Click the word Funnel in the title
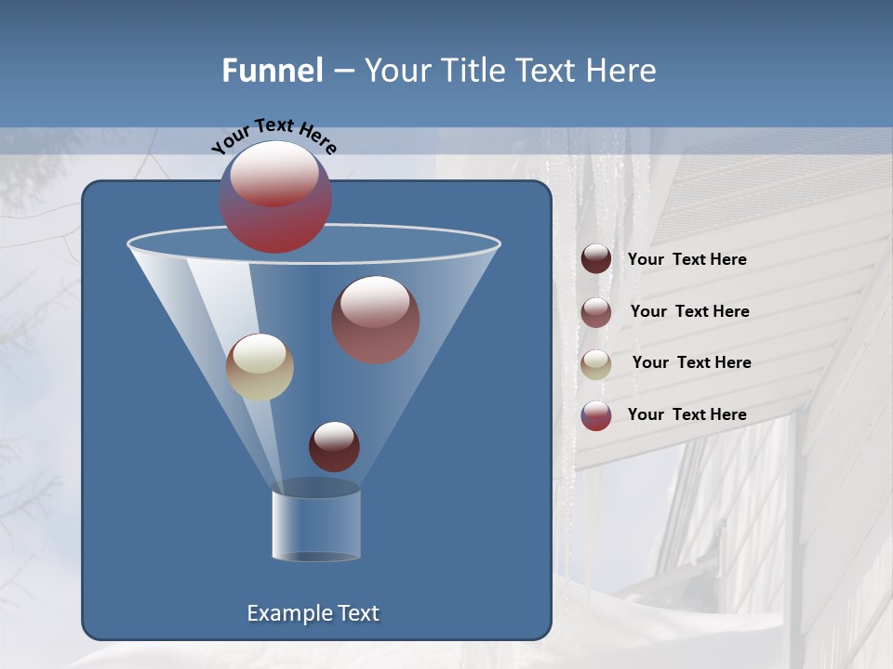tap(273, 71)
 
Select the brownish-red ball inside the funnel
tap(376, 320)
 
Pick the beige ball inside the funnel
tap(260, 367)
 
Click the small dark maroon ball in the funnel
tap(334, 446)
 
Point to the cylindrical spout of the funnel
tap(316, 524)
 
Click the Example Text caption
tap(313, 613)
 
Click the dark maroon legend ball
tap(596, 259)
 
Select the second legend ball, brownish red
tap(596, 312)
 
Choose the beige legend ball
tap(596, 363)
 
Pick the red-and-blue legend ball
tap(596, 415)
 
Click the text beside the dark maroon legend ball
tap(686, 260)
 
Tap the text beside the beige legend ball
tap(691, 363)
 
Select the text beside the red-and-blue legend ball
tap(686, 414)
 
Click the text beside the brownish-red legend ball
tap(689, 312)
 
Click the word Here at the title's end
tap(623, 71)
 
